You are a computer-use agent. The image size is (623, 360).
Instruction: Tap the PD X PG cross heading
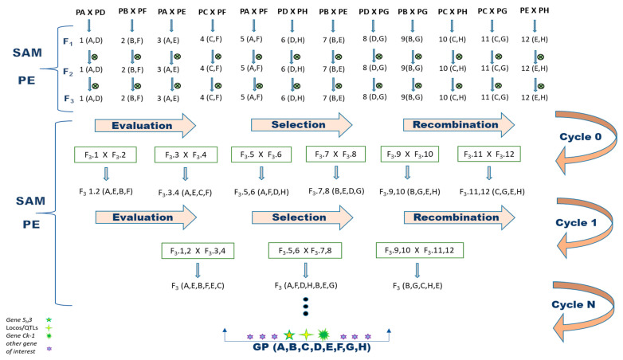point(378,11)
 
